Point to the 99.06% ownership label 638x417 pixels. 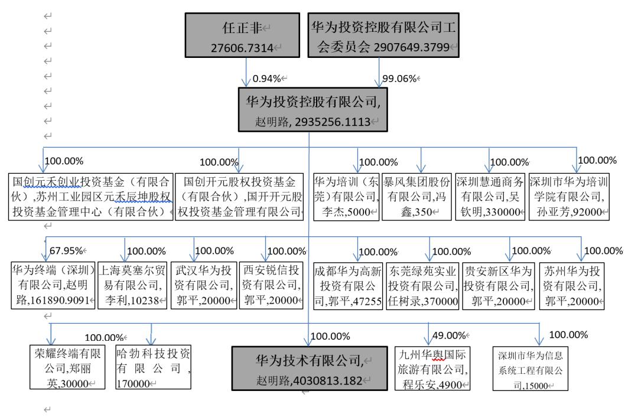400,78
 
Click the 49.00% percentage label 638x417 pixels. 450,335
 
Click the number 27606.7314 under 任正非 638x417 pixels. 242,48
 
